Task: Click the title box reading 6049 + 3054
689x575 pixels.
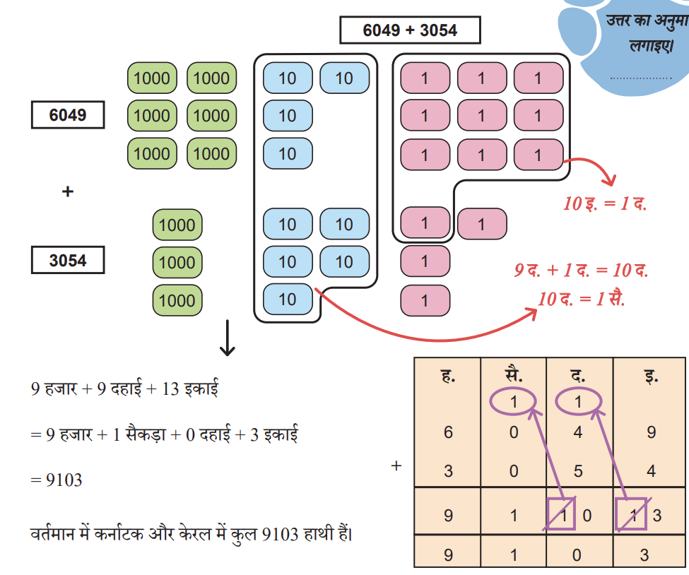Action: [x=410, y=30]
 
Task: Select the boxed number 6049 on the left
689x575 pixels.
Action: [x=68, y=115]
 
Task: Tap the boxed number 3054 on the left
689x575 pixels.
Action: [x=68, y=260]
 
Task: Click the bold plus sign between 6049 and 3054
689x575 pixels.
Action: [x=68, y=191]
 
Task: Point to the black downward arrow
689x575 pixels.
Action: [x=227, y=338]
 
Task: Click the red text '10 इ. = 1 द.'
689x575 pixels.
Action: [x=605, y=203]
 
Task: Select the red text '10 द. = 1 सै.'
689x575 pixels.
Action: [x=581, y=299]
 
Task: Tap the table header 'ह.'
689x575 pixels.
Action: [x=448, y=376]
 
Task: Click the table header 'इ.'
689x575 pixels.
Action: [x=651, y=376]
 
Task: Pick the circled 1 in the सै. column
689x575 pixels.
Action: [x=513, y=401]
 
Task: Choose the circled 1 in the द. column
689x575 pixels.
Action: [x=578, y=401]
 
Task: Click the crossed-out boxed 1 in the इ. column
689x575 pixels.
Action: [x=632, y=514]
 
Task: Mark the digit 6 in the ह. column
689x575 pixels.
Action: [x=448, y=432]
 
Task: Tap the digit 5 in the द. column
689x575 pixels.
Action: [x=578, y=471]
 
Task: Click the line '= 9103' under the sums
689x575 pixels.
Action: [x=57, y=480]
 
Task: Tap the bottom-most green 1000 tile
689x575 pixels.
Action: [x=177, y=300]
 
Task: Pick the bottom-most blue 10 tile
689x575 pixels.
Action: [x=288, y=300]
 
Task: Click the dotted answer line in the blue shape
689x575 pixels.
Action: [x=641, y=78]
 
